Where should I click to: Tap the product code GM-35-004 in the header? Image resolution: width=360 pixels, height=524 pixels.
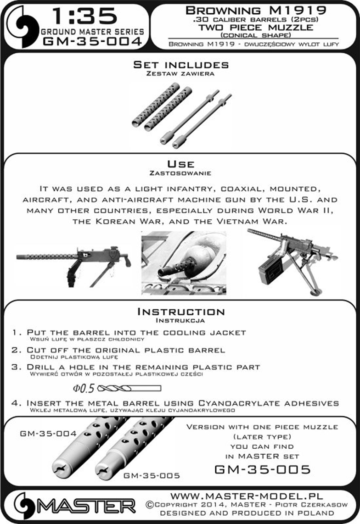[92, 42]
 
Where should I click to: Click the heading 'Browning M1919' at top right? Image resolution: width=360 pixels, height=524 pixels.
[256, 10]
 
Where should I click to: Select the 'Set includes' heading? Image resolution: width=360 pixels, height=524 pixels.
[180, 65]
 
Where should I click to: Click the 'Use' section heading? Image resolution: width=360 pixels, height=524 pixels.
[180, 164]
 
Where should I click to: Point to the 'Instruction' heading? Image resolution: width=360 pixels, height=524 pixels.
[180, 312]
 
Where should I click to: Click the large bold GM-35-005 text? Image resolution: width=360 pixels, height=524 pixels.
[262, 469]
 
